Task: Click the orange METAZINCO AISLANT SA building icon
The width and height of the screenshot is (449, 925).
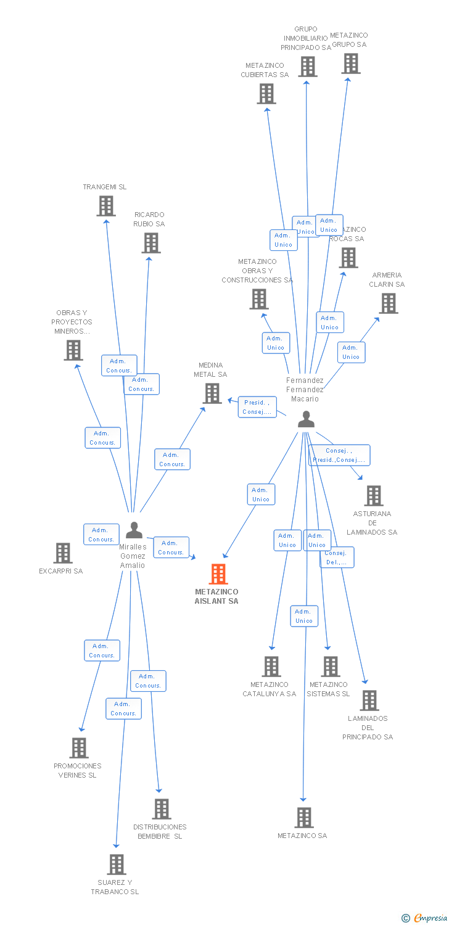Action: coord(218,573)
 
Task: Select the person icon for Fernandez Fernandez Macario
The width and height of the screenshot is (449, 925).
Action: coord(306,419)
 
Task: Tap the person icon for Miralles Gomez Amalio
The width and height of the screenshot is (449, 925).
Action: coord(134,530)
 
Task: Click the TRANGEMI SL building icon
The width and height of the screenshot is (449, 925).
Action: coord(106,206)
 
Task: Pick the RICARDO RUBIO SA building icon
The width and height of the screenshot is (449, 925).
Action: coord(151,243)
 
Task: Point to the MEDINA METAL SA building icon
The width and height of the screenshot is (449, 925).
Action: coord(212,393)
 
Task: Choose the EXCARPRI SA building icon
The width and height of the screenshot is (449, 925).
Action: coord(63,553)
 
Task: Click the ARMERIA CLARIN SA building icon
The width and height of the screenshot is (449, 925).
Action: coord(389,303)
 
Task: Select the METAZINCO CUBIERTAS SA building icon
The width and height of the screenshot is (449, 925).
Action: coord(266,94)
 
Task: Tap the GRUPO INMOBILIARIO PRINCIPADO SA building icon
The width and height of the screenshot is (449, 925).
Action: coord(308,67)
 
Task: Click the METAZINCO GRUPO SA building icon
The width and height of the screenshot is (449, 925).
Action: coord(351,64)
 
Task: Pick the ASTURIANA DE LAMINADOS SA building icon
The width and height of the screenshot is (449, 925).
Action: coord(374,496)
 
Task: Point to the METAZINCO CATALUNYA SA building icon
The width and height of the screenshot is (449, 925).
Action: coord(271,667)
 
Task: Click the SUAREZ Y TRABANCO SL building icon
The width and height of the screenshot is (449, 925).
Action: coord(117,865)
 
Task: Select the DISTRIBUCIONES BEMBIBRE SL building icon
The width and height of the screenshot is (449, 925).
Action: coord(162,809)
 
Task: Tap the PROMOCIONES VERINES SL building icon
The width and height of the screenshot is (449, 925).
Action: coord(79,748)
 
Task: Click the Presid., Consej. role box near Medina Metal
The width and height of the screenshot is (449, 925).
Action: coord(257,407)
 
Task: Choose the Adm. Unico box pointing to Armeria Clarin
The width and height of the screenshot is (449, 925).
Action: coord(351,352)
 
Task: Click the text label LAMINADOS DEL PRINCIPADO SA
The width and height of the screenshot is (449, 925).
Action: coord(368,728)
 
